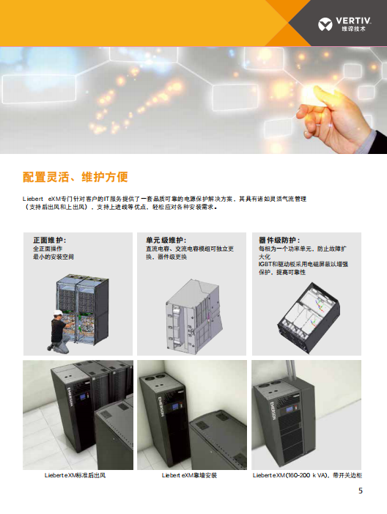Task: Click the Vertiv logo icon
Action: [325, 25]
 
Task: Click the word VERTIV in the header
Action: [353, 21]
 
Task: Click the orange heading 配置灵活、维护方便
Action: [75, 177]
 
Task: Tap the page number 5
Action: [361, 491]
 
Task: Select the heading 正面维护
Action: [50, 241]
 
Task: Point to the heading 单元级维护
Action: [166, 241]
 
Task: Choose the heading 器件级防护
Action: [279, 241]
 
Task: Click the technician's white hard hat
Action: [59, 312]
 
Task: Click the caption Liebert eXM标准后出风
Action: [75, 475]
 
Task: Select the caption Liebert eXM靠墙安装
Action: [189, 475]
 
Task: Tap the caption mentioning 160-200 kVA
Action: [307, 475]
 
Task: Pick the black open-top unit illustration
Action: [309, 317]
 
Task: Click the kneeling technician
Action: [59, 331]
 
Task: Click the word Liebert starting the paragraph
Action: [33, 199]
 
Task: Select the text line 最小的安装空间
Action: [54, 257]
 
